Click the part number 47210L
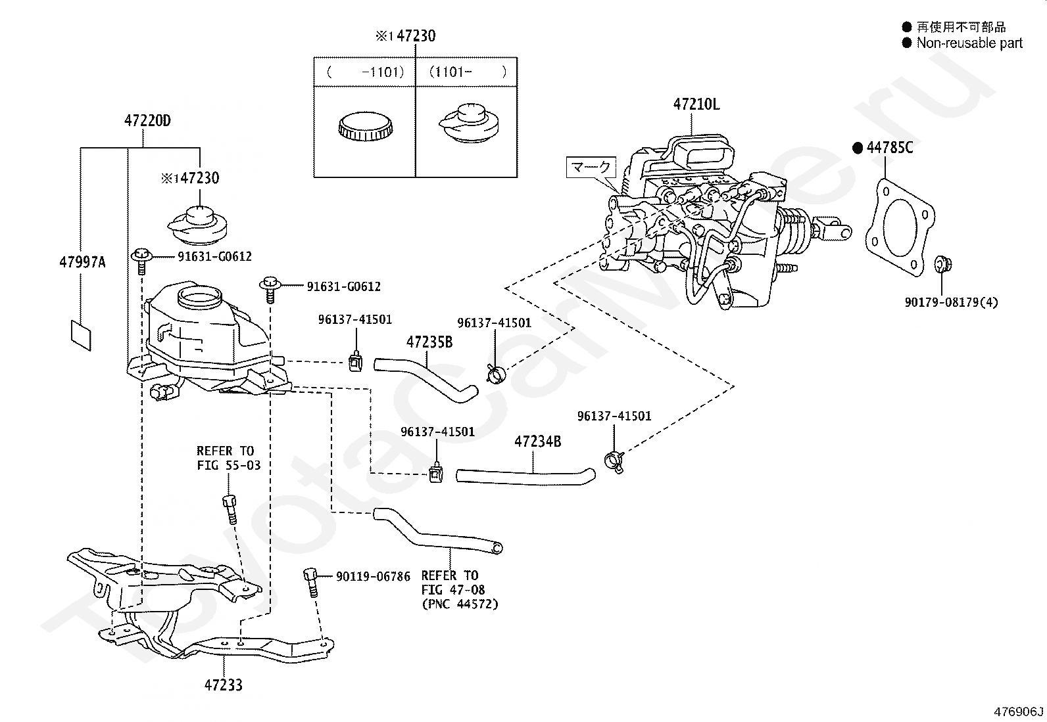(x=696, y=104)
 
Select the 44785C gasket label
(x=889, y=148)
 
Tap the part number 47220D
(x=147, y=120)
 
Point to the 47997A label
(x=82, y=263)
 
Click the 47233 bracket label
(x=224, y=685)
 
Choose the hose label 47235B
(x=429, y=342)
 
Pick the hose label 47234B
(x=537, y=441)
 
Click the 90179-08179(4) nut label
(x=951, y=302)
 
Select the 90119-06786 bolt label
(x=373, y=576)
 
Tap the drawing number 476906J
(x=1019, y=711)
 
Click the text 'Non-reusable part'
(x=969, y=43)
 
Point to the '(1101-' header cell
(x=450, y=72)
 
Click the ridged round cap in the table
(x=365, y=126)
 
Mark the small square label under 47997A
(x=81, y=335)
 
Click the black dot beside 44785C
(x=857, y=148)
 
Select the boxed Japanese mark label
(x=591, y=167)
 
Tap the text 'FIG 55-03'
(x=229, y=465)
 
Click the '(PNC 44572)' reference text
(x=460, y=604)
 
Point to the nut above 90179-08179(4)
(x=942, y=264)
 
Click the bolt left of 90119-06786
(x=311, y=582)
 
